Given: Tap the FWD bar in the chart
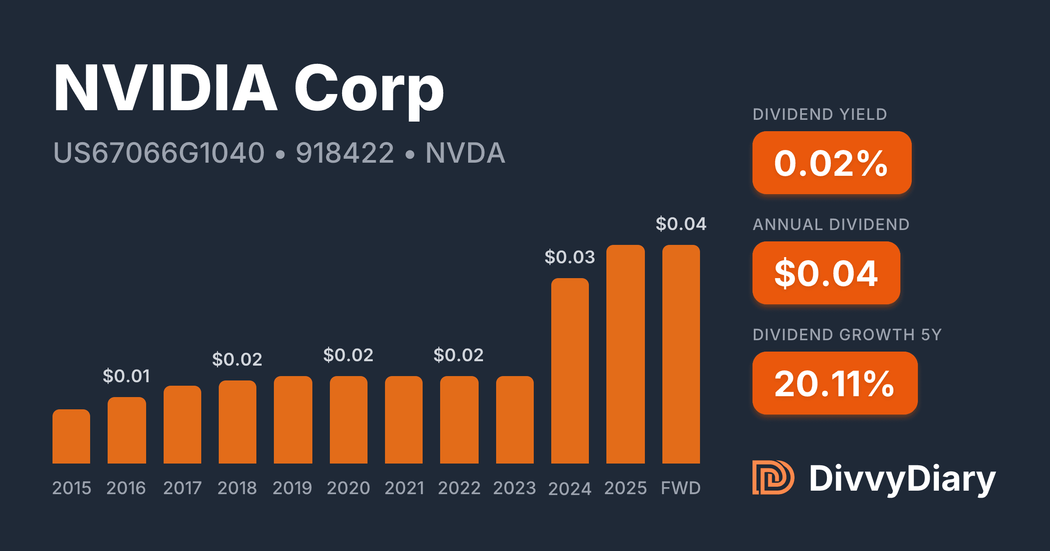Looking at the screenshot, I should [x=681, y=354].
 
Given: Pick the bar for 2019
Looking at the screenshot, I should [x=293, y=420].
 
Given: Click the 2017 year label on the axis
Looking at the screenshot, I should [x=182, y=488].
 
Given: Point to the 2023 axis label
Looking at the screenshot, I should [x=514, y=488].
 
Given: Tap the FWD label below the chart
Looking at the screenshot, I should [x=681, y=488].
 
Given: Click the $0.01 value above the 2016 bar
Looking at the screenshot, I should [x=126, y=376].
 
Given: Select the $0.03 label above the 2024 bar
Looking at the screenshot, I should [x=570, y=257].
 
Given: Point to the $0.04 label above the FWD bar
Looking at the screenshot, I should [x=681, y=224].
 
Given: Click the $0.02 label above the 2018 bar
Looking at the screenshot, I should [x=237, y=359].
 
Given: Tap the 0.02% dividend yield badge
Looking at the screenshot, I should [x=832, y=163].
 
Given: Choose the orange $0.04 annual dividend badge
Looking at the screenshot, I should [x=826, y=273].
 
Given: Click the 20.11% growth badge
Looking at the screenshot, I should [x=835, y=384].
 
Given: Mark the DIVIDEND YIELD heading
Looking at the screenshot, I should [x=820, y=115].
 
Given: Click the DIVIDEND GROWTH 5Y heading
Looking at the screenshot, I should [x=847, y=335].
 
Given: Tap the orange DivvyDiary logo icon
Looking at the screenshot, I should [x=773, y=478].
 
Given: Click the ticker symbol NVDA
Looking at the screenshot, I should [x=465, y=153].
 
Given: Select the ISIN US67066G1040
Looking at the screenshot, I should [x=159, y=153].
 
